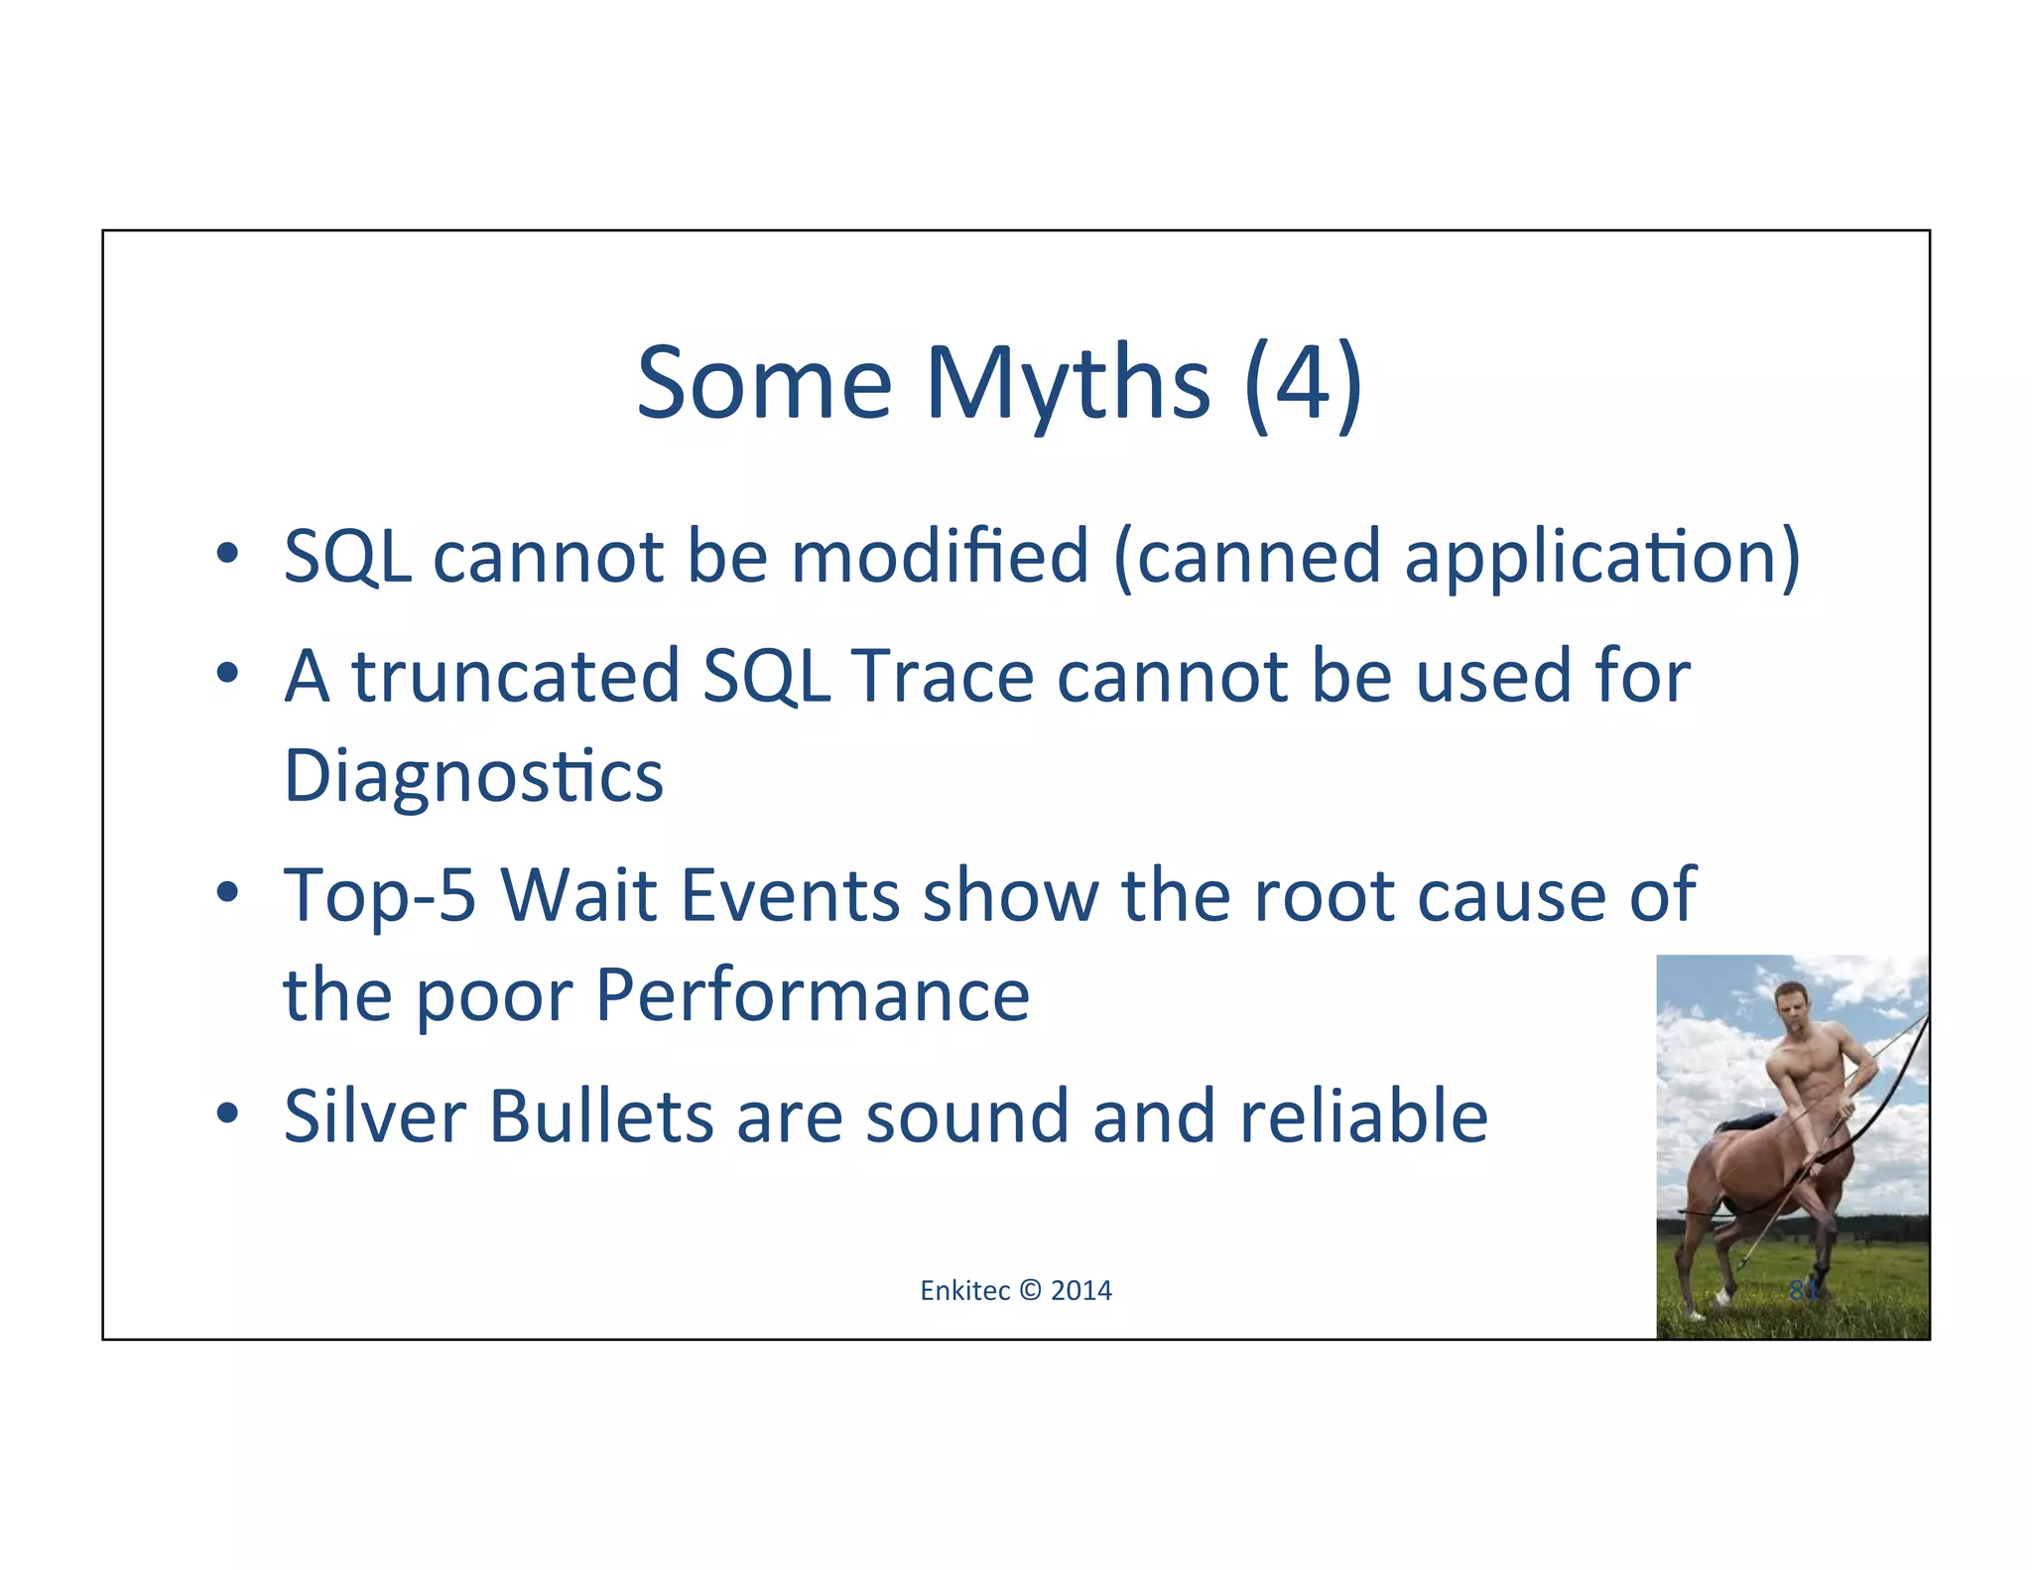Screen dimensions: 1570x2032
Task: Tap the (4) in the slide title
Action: click(x=1304, y=385)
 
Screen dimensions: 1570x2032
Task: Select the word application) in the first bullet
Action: click(x=1601, y=558)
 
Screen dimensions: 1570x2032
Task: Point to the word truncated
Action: click(x=515, y=676)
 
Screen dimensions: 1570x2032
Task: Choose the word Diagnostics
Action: click(x=473, y=777)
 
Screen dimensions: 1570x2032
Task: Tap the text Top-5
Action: click(x=379, y=896)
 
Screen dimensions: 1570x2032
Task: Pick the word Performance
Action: click(x=813, y=995)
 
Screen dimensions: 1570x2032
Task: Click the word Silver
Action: click(x=374, y=1116)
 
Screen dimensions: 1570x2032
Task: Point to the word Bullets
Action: click(x=600, y=1116)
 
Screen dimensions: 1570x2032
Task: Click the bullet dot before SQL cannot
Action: click(x=227, y=553)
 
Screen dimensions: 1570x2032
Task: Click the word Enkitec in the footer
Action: click(x=964, y=1290)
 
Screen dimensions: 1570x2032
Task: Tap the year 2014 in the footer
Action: click(x=1081, y=1290)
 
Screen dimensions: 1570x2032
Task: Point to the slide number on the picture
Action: click(x=1804, y=1290)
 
